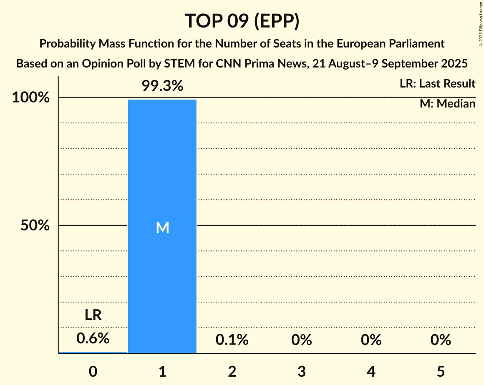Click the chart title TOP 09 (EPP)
coord(242,21)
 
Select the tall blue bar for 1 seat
coord(162,271)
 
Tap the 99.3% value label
coord(162,86)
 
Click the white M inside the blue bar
coord(162,227)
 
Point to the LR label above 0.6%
coord(93,315)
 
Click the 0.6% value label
coord(93,339)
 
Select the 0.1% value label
coord(232,340)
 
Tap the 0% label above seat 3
coord(302,340)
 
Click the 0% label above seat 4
coord(371,340)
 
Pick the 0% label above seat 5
coord(441,340)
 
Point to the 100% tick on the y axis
coord(31,98)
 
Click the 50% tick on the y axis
coord(35,226)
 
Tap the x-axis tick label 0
coord(93,371)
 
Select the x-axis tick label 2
coord(232,371)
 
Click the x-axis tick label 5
coord(441,371)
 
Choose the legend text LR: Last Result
coord(437,84)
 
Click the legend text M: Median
coord(447,104)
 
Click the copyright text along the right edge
coord(480,23)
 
